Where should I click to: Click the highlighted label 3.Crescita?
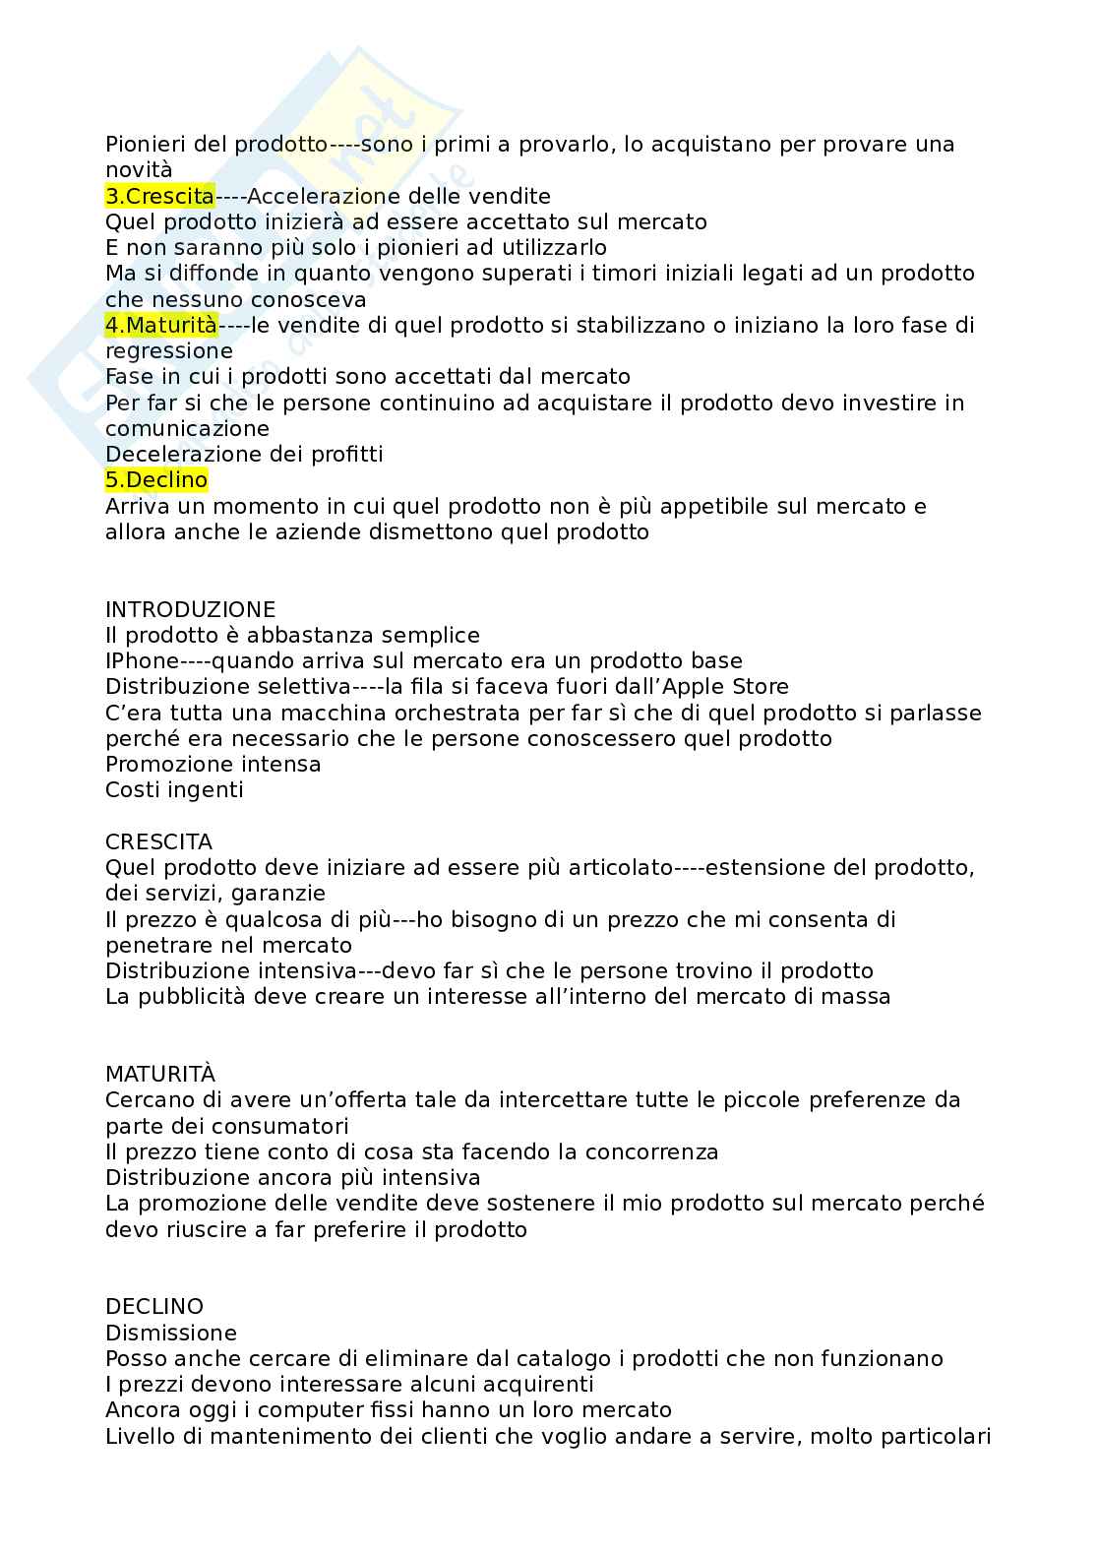pos(159,196)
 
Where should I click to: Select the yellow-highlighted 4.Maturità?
pos(160,325)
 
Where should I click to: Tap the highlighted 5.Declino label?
pos(156,480)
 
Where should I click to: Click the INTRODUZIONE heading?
pos(190,609)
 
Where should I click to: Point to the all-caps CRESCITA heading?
pos(158,841)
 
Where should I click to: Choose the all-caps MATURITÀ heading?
pos(160,1074)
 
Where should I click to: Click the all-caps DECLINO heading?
pos(154,1306)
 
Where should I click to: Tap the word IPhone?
pos(142,660)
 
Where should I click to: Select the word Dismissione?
pos(171,1333)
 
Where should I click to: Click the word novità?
pos(139,170)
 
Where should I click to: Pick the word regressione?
pos(168,350)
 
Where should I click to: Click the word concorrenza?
pos(651,1151)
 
